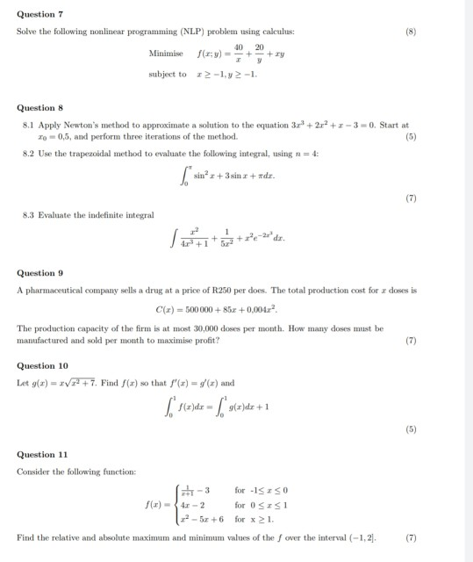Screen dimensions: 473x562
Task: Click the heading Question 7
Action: click(39, 15)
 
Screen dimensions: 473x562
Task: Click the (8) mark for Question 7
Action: click(410, 32)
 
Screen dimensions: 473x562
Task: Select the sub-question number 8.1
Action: click(28, 126)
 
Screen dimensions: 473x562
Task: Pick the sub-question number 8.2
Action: click(28, 154)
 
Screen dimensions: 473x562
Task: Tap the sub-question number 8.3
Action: click(28, 215)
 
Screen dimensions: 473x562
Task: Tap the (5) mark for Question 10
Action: click(410, 430)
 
